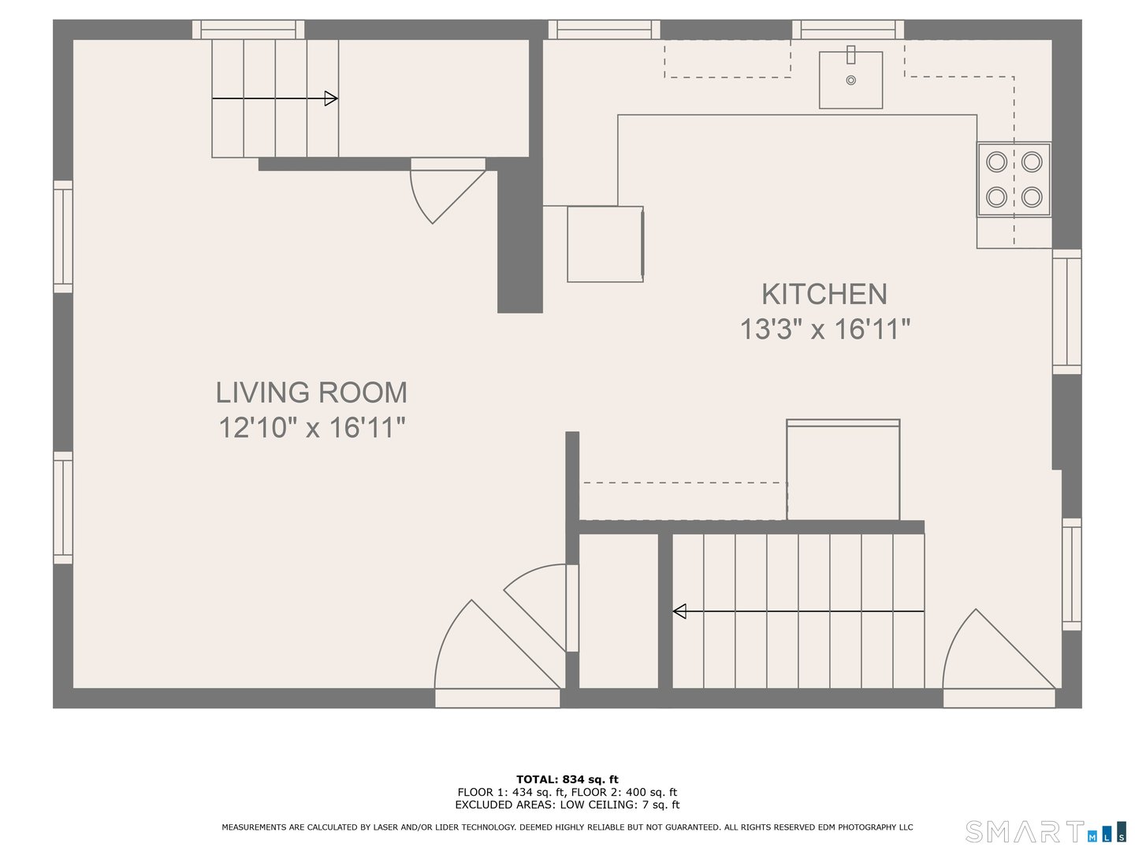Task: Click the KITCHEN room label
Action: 824,294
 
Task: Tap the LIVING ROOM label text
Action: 311,392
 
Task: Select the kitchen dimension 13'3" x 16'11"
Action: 824,329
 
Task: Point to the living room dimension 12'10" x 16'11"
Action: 311,428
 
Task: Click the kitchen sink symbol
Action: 850,80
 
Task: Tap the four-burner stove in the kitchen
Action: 1014,179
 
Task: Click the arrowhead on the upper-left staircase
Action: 331,98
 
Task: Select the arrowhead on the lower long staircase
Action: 679,611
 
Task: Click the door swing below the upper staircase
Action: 445,189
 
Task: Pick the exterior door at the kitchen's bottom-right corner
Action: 998,658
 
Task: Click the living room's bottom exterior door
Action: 497,654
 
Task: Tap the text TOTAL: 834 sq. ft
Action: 567,779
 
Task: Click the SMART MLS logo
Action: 1045,831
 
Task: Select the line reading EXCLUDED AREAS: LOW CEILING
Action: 567,805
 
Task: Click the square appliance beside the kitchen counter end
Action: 605,244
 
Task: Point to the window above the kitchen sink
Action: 848,30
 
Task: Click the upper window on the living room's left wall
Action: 63,236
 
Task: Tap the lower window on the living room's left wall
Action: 63,507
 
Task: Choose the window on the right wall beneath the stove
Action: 1067,312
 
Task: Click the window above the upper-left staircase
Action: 248,30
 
